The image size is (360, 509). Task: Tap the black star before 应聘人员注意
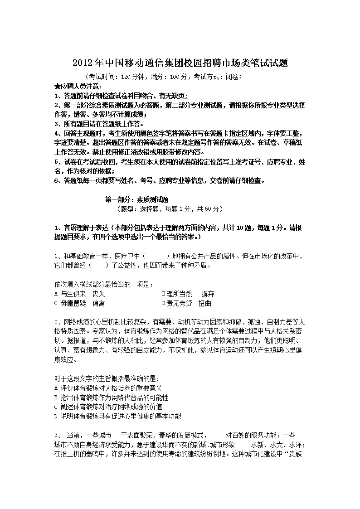(57, 86)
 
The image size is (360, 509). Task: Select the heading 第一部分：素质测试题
(136, 199)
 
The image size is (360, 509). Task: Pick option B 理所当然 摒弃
(185, 294)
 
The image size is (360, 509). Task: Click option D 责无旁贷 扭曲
(186, 303)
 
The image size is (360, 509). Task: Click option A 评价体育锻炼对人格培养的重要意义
(108, 388)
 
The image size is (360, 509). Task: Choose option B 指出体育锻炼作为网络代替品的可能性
(111, 398)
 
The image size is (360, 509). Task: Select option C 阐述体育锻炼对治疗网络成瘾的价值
(108, 407)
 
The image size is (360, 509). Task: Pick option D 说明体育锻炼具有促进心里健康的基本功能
(117, 416)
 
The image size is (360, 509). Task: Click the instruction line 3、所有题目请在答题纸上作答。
(98, 123)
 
